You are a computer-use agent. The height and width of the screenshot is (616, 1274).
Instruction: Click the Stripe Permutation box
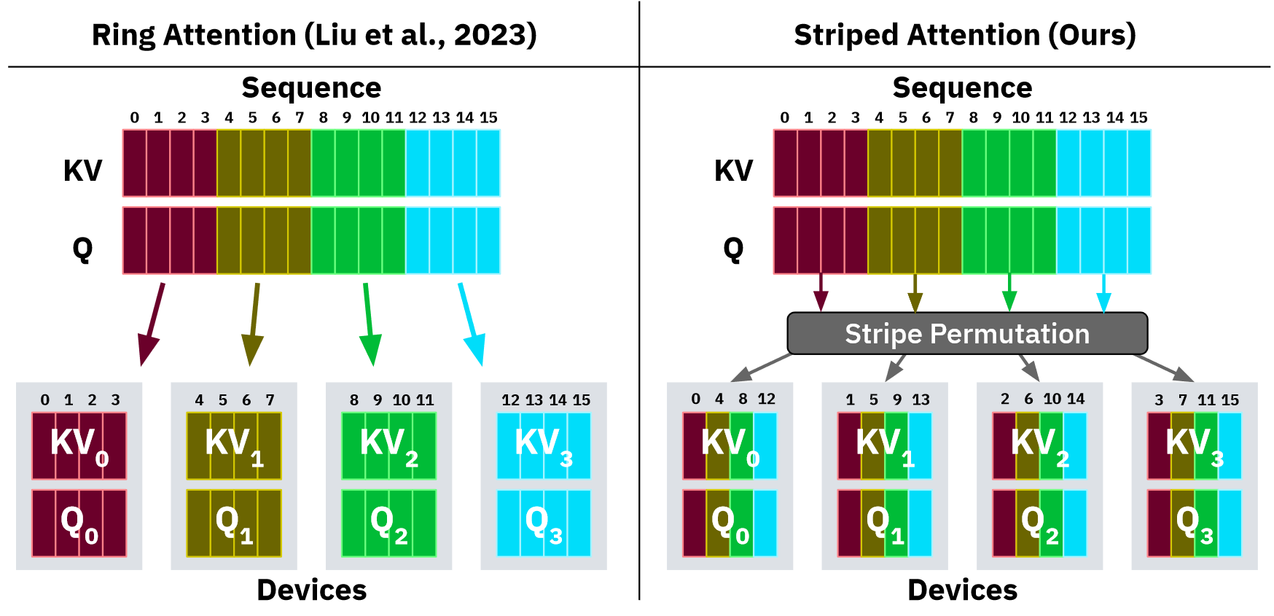[967, 334]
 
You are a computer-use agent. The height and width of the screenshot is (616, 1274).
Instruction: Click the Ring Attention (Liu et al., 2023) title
[314, 35]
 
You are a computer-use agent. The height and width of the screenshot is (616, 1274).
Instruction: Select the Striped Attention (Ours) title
[964, 35]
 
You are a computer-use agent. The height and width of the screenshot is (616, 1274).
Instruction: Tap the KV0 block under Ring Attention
[79, 445]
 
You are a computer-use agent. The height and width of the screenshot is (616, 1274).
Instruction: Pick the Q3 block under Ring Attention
[544, 523]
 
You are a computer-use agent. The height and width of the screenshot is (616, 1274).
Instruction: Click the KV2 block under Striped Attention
[1039, 445]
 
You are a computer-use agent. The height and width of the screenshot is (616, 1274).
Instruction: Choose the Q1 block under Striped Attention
[884, 523]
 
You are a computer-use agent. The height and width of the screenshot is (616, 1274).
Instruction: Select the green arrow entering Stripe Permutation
[1009, 292]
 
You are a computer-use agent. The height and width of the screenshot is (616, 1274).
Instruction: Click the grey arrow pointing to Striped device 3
[1165, 367]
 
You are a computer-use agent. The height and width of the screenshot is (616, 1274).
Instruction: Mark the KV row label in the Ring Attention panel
[82, 171]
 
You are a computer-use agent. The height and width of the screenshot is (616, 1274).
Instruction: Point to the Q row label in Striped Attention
[733, 249]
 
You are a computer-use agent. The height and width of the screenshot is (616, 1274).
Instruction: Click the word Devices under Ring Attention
[312, 590]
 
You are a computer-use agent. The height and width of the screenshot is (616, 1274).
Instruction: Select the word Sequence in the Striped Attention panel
[962, 87]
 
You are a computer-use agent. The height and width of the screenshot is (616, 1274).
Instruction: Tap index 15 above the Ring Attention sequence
[488, 117]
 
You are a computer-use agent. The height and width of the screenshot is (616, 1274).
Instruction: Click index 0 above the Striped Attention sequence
[784, 117]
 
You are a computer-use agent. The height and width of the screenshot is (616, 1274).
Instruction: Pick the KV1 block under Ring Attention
[234, 445]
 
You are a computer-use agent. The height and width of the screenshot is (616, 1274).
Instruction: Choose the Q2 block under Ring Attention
[388, 523]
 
